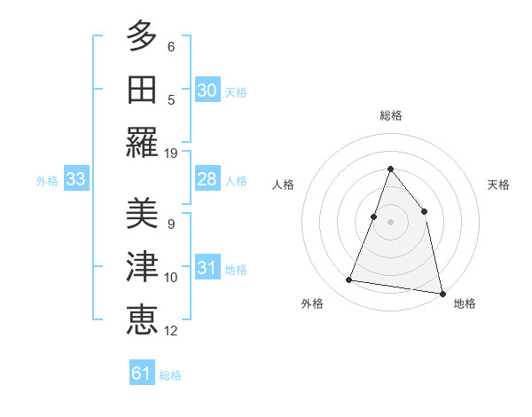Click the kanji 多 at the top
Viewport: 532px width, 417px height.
(x=142, y=36)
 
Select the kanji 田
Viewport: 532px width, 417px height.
(x=142, y=89)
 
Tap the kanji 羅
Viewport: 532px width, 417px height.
(x=142, y=141)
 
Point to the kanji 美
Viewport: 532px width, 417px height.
(x=142, y=213)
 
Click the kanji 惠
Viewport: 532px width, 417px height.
(x=142, y=319)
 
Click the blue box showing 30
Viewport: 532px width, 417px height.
(x=207, y=90)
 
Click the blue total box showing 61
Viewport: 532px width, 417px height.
(x=142, y=374)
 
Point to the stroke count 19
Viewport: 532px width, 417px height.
(x=171, y=153)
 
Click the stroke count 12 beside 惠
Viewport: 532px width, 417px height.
(x=171, y=331)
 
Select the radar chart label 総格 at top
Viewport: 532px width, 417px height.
(x=390, y=115)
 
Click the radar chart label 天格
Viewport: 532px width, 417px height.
(x=499, y=185)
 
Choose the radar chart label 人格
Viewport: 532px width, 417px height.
(x=283, y=185)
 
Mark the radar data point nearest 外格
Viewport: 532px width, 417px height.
(x=349, y=280)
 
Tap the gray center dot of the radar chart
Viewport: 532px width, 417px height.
(x=390, y=222)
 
